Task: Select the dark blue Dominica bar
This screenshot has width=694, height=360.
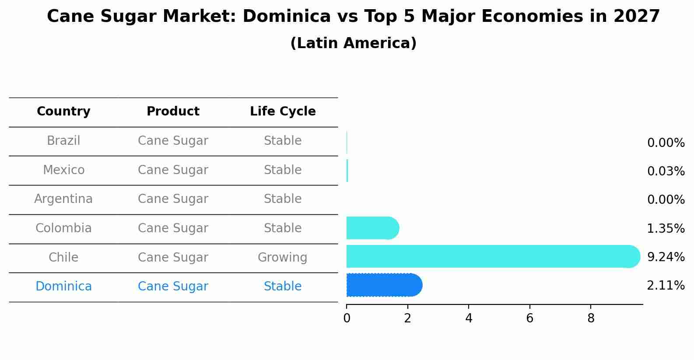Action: pos(383,285)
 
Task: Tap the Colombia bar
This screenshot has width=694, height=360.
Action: pos(372,228)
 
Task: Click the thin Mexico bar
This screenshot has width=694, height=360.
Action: pos(347,171)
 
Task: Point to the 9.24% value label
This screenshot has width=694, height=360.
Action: pos(666,257)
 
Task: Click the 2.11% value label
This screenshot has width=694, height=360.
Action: pos(666,286)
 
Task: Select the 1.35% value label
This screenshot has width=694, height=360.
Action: pos(666,228)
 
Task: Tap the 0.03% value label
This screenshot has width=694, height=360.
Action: pos(666,171)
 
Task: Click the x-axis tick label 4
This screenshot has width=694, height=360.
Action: pos(469,318)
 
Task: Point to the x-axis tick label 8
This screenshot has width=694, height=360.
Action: pos(591,318)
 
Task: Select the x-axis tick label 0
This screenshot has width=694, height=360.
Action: pos(347,318)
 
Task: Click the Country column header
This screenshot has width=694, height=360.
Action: pos(63,112)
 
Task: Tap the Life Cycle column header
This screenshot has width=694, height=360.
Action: pos(283,112)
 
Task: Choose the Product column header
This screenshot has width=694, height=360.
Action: pos(173,112)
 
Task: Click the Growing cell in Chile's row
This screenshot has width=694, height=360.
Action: pos(282,257)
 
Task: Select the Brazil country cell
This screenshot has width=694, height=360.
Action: pos(63,141)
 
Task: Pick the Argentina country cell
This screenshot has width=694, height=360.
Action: pos(63,199)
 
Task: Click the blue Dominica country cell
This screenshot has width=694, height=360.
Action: pos(63,287)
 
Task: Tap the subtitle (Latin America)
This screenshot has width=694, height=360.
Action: pos(353,43)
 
